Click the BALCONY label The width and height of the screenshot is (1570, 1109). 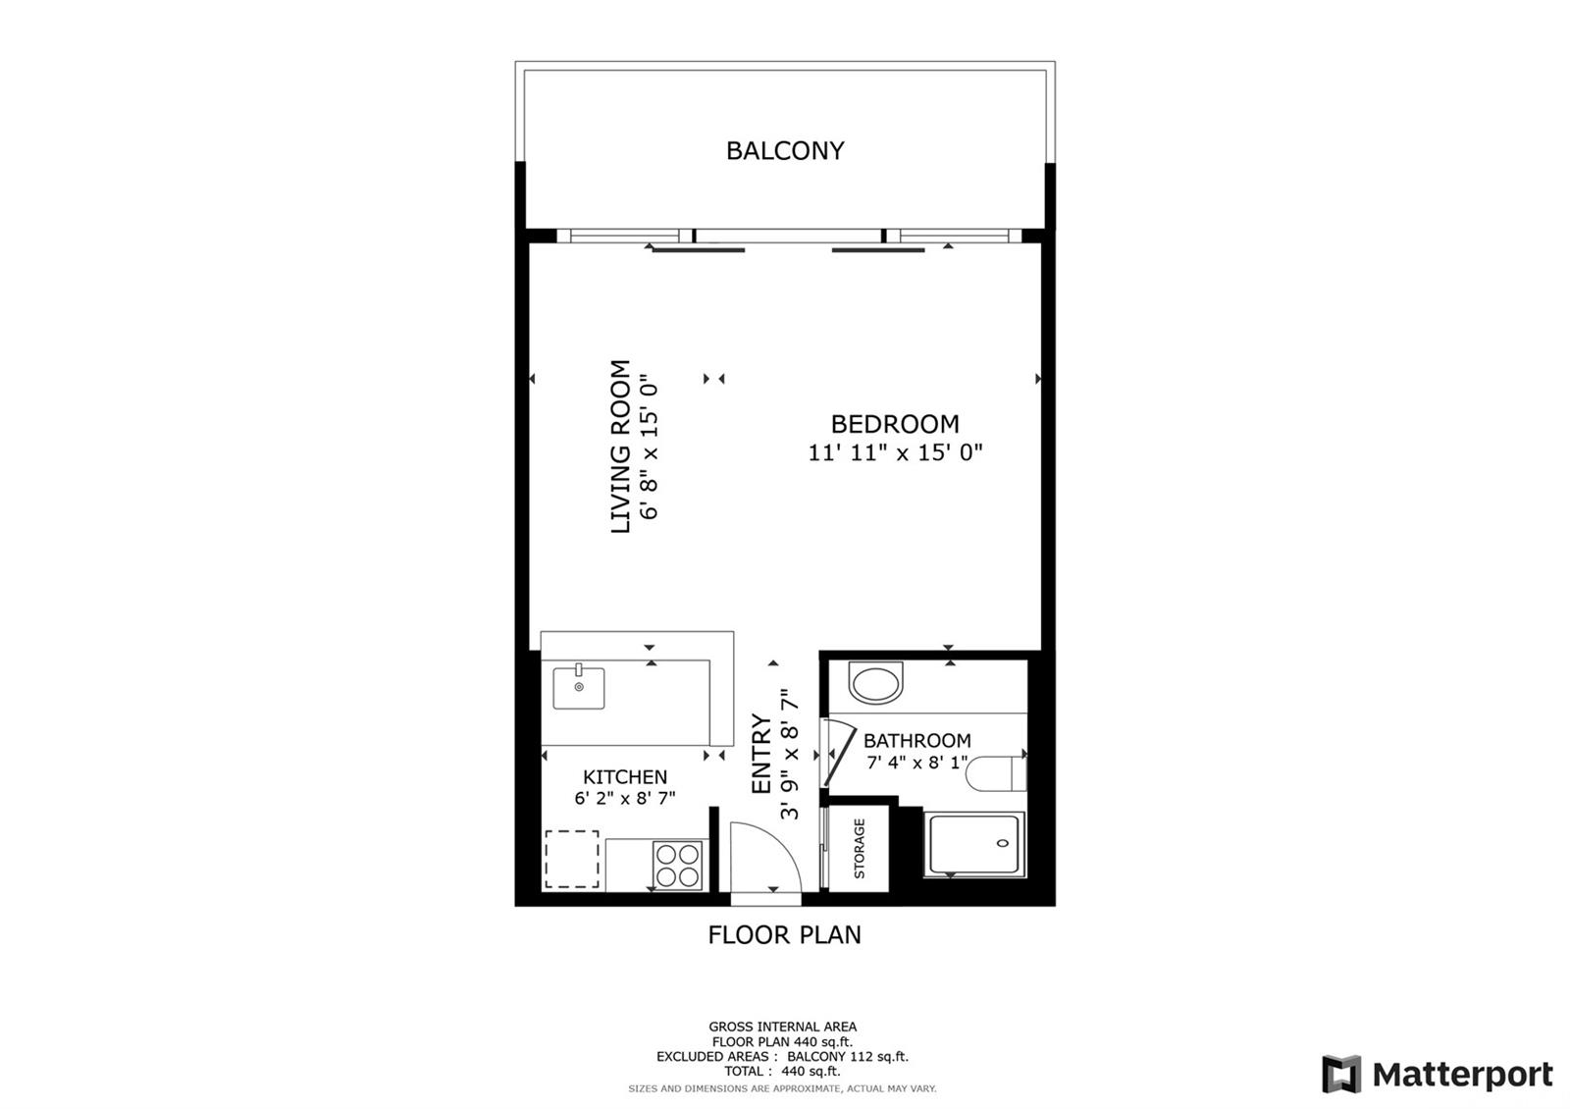click(x=785, y=151)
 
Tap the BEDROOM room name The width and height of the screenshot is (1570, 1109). click(x=895, y=424)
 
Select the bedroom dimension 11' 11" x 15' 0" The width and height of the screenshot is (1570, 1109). click(x=895, y=452)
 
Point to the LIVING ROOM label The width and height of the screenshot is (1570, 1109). click(x=620, y=447)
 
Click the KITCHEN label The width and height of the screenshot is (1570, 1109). click(x=625, y=776)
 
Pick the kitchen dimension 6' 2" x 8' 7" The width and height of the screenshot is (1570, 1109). click(x=625, y=798)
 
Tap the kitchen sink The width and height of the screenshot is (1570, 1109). click(x=579, y=687)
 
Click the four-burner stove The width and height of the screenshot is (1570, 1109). click(x=678, y=865)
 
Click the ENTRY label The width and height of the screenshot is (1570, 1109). click(x=761, y=754)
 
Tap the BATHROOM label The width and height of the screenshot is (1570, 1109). click(x=916, y=740)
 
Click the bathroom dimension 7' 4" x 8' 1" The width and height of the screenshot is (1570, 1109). click(x=917, y=762)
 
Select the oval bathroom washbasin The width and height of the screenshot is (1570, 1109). click(x=875, y=683)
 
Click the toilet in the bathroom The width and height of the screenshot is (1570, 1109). click(x=996, y=774)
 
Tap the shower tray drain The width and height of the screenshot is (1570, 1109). click(x=1003, y=843)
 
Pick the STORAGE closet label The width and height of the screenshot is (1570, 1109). click(x=860, y=849)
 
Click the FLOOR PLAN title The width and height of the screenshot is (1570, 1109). click(x=784, y=935)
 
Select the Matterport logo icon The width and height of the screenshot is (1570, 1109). click(x=1341, y=1074)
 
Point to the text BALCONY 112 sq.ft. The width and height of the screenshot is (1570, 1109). click(x=848, y=1056)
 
